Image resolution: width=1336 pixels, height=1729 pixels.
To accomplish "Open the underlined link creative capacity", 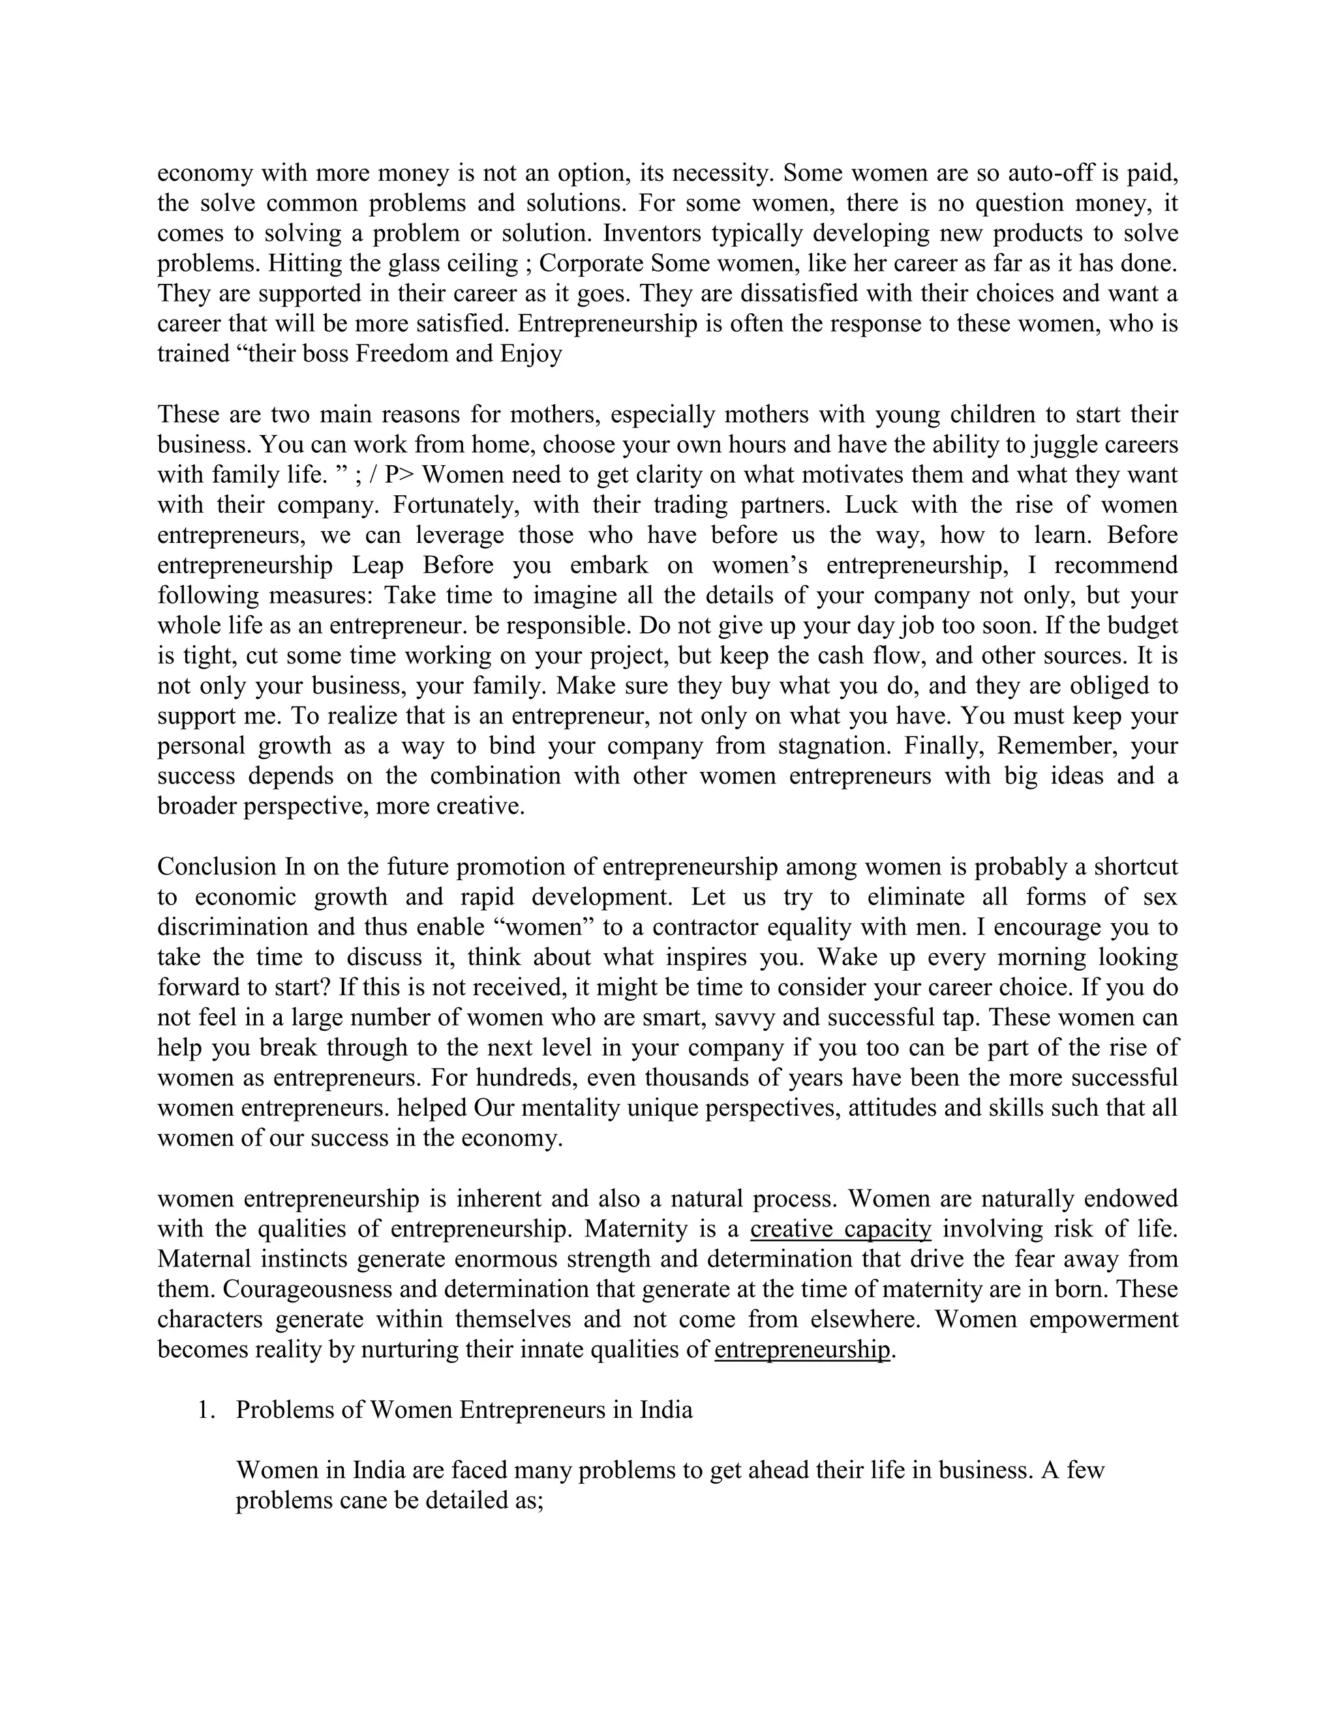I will (840, 1229).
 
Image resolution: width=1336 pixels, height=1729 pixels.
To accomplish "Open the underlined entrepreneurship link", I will (802, 1349).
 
